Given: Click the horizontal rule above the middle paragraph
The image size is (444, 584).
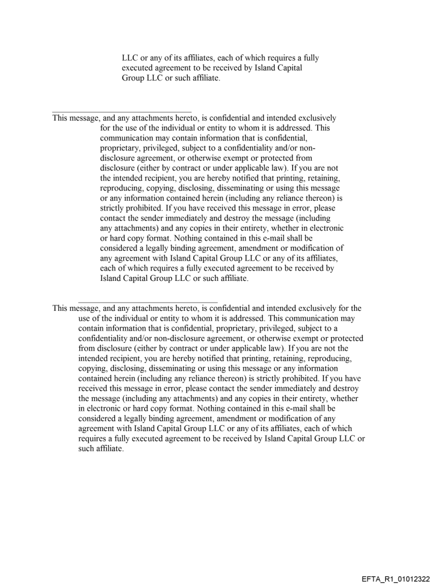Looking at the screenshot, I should tap(122, 112).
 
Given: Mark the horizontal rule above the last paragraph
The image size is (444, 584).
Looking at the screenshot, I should tap(148, 301).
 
